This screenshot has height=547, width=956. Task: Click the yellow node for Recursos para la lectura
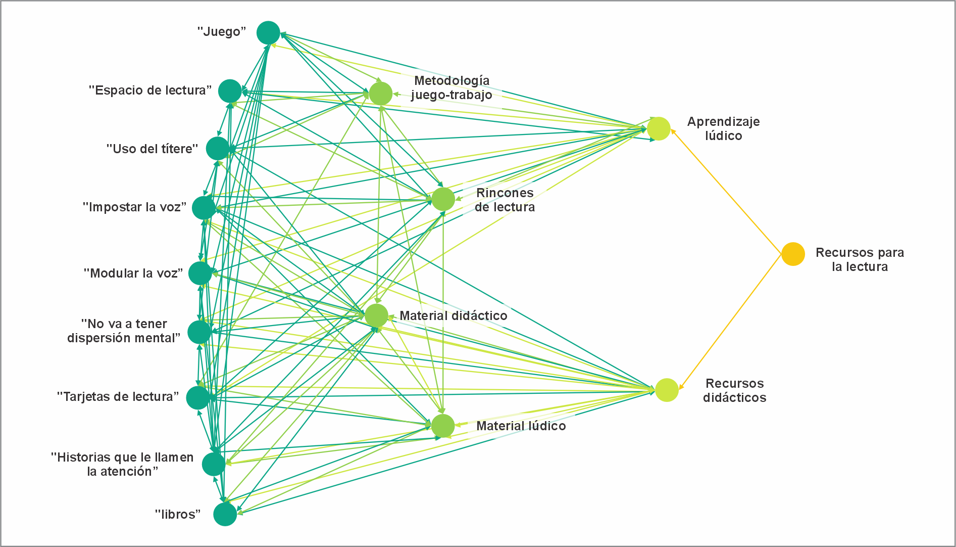pyautogui.click(x=793, y=254)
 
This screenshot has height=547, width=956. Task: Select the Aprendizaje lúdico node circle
pyautogui.click(x=659, y=128)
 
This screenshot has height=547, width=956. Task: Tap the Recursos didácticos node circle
pyautogui.click(x=667, y=390)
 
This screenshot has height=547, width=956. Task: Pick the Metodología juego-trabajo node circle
pyautogui.click(x=380, y=94)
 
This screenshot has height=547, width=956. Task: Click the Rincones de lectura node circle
pyautogui.click(x=443, y=199)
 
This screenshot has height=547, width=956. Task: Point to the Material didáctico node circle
pyautogui.click(x=376, y=315)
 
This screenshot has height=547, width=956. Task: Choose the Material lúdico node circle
pyautogui.click(x=443, y=426)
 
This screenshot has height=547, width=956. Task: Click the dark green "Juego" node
pyautogui.click(x=268, y=33)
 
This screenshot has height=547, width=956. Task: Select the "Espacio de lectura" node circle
pyautogui.click(x=230, y=91)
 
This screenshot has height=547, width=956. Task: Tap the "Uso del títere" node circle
pyautogui.click(x=218, y=149)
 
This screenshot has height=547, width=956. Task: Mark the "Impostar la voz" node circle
pyautogui.click(x=204, y=207)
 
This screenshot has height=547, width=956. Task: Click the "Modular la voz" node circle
pyautogui.click(x=200, y=273)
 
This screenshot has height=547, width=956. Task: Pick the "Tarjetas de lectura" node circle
pyautogui.click(x=197, y=397)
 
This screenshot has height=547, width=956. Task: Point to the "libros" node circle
pyautogui.click(x=225, y=514)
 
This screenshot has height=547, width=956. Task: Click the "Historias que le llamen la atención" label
pyautogui.click(x=122, y=464)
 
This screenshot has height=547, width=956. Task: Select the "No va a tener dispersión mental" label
pyautogui.click(x=124, y=331)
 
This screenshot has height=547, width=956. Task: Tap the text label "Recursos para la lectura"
pyautogui.click(x=860, y=259)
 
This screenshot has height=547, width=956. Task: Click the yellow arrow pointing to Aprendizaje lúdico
pyautogui.click(x=727, y=192)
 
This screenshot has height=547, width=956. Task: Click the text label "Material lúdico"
pyautogui.click(x=521, y=426)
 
